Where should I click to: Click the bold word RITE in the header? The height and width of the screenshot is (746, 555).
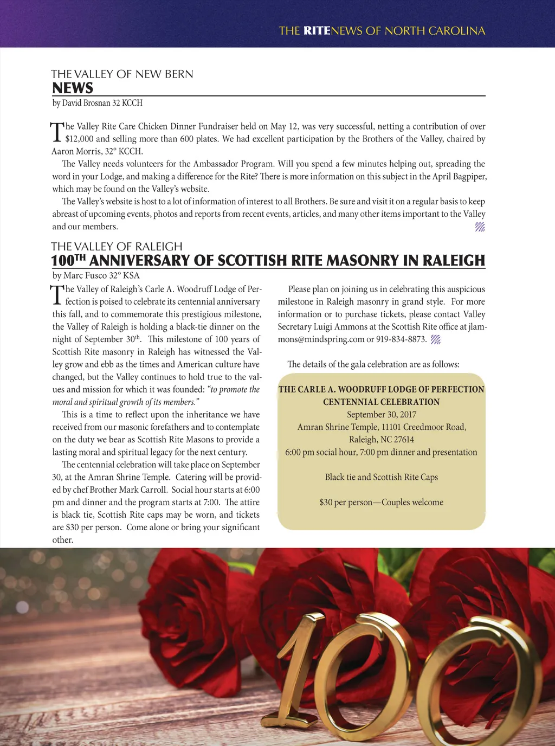click(317, 31)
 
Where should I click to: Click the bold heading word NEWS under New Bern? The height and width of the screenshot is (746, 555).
click(73, 88)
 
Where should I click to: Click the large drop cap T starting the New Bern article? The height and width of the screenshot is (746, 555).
click(57, 132)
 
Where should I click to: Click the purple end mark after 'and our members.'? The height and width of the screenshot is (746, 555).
click(480, 227)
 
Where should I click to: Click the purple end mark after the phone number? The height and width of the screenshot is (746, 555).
click(435, 340)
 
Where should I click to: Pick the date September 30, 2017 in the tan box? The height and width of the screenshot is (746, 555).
click(382, 415)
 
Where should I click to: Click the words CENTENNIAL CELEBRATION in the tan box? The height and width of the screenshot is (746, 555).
click(382, 402)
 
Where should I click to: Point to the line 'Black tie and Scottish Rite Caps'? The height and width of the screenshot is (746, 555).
click(382, 477)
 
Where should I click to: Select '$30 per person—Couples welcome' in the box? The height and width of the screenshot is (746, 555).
click(382, 503)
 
